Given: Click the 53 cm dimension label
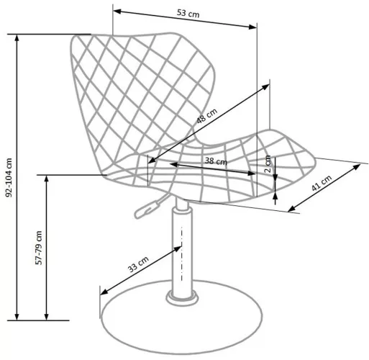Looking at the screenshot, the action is (x=188, y=13).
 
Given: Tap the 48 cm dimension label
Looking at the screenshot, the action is (x=207, y=116).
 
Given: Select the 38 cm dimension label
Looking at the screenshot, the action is (x=216, y=161).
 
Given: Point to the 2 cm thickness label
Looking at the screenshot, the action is (x=268, y=164).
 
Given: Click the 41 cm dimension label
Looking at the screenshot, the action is (x=322, y=183).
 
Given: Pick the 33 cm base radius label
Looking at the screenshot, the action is (x=138, y=264).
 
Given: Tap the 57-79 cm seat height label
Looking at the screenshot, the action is (x=39, y=248).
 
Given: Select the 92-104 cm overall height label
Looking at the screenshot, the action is (x=9, y=178).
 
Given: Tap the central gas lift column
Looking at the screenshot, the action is (x=182, y=250).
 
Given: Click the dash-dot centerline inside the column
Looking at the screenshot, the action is (x=182, y=253).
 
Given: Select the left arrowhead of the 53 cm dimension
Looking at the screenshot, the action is (x=117, y=11).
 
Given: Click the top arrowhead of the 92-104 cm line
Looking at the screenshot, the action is (x=17, y=38).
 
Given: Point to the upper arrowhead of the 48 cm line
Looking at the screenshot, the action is (x=265, y=87).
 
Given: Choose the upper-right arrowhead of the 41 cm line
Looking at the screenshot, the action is (x=357, y=167).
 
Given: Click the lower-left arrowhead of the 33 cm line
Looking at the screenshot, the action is (x=104, y=292).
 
